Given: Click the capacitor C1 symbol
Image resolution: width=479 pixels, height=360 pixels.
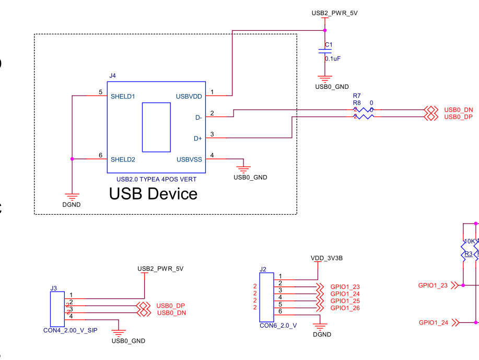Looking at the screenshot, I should click(325, 51).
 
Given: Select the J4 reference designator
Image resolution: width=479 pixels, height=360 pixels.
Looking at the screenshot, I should click(112, 76).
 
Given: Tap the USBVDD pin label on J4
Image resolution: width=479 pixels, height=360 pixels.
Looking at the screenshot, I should click(189, 96).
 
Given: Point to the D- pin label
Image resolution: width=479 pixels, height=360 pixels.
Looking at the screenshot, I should click(198, 117).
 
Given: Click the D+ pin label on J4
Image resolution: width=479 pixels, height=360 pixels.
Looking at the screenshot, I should click(198, 138).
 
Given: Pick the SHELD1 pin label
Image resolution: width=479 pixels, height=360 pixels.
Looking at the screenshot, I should click(123, 96).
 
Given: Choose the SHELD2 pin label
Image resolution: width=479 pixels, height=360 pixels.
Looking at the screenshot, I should click(123, 159).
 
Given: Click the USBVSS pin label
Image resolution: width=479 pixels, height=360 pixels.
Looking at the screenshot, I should click(189, 159).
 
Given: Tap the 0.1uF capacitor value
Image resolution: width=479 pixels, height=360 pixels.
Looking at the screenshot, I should click(333, 59).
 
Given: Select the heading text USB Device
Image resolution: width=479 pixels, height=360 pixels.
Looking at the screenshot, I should click(153, 194).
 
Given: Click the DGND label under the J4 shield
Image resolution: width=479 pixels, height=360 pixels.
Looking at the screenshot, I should click(72, 205).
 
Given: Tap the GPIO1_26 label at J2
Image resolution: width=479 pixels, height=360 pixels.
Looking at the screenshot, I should click(345, 308).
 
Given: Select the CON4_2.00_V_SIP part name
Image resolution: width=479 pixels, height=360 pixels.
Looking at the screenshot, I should click(70, 330).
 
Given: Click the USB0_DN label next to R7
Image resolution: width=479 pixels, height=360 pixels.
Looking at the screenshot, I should click(458, 110).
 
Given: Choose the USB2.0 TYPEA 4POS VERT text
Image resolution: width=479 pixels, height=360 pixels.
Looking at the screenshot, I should click(156, 179).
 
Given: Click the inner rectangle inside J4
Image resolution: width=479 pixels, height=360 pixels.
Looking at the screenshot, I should click(156, 127).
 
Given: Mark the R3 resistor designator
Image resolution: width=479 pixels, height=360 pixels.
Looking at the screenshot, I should click(469, 254).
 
